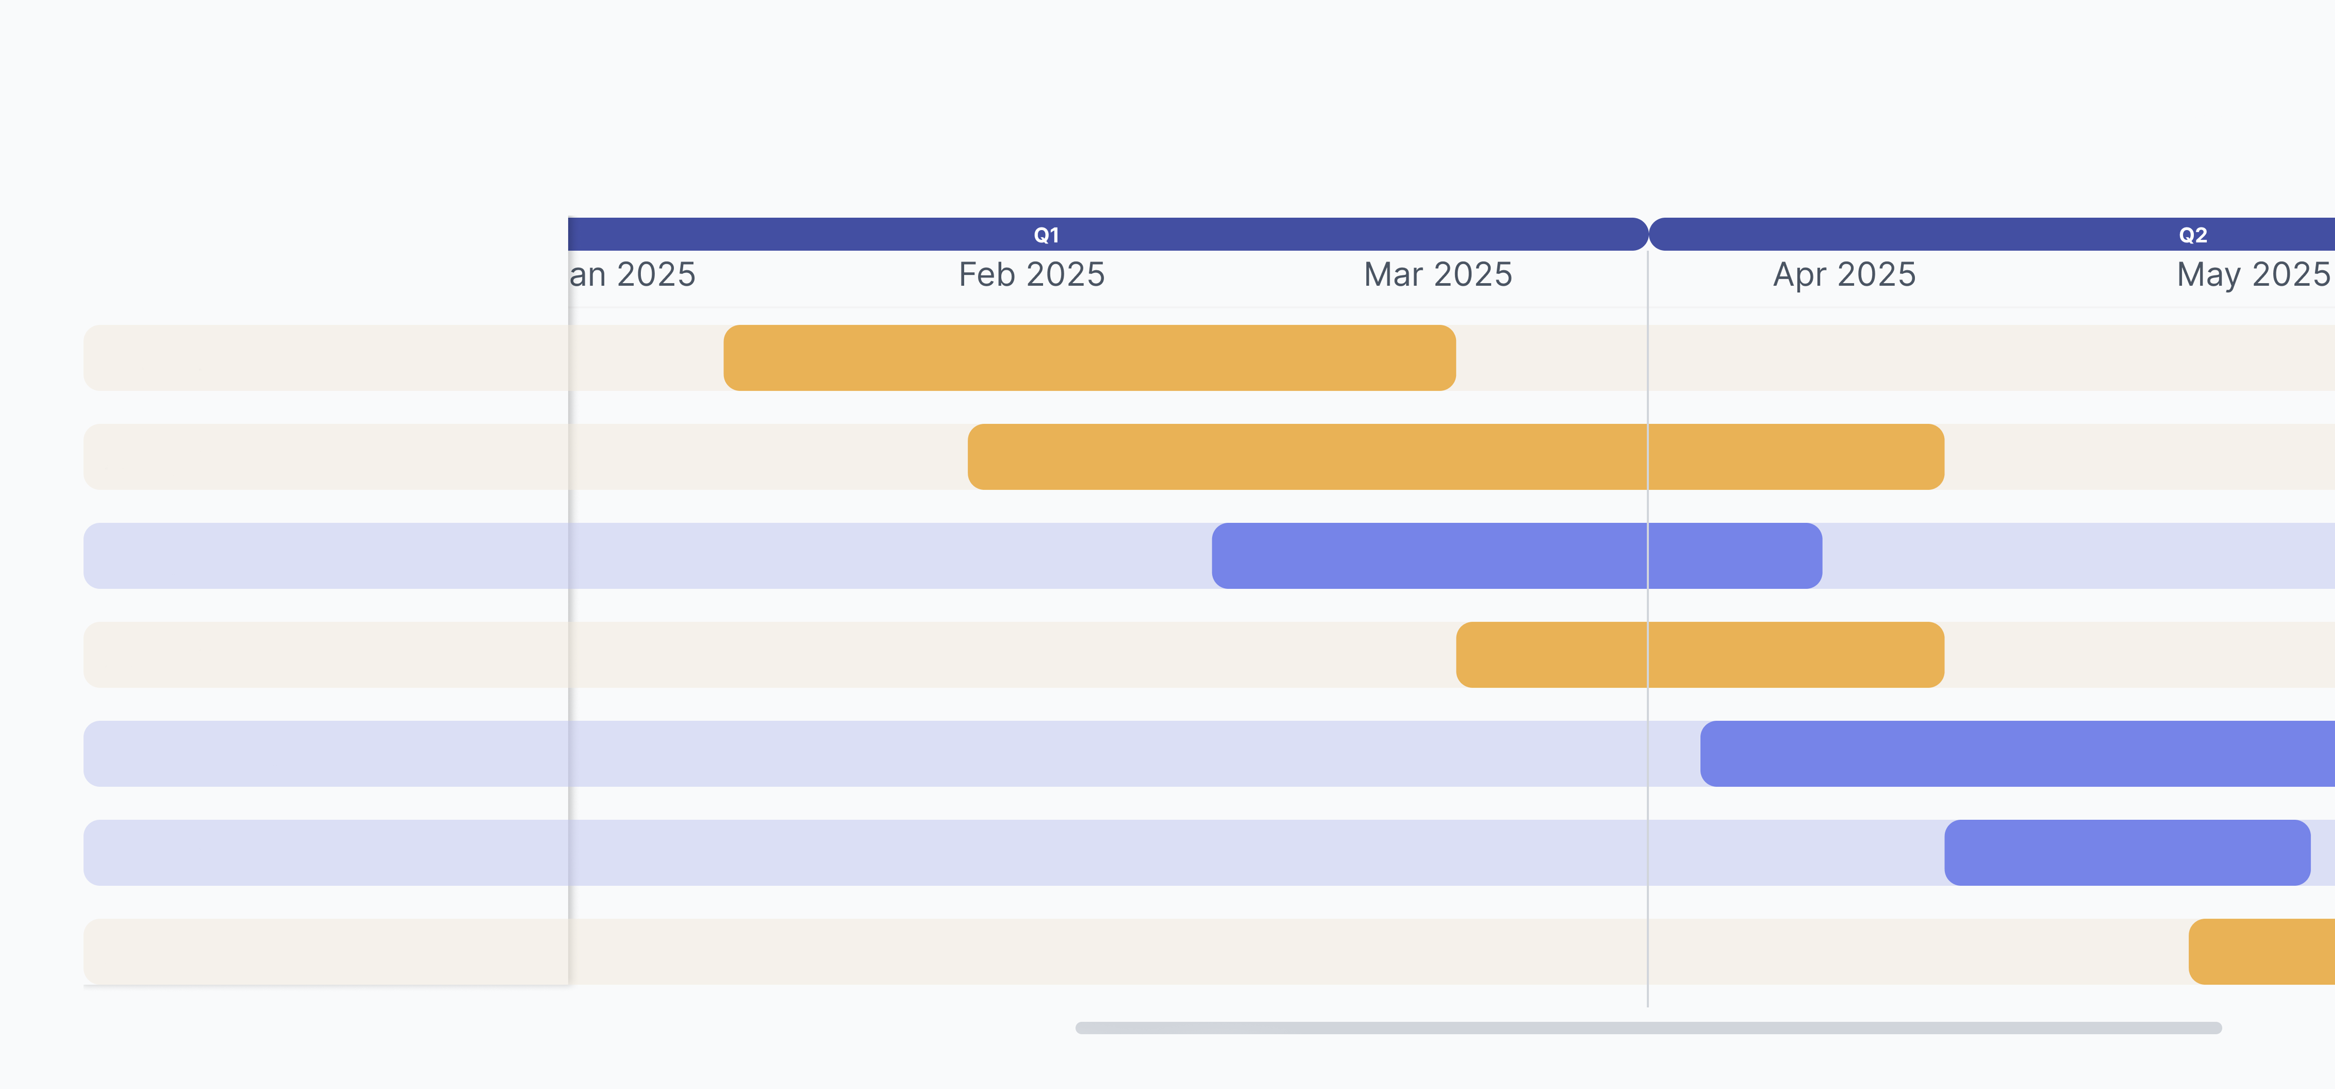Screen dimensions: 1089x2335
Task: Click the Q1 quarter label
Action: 1046,235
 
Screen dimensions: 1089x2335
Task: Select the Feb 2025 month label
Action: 1032,274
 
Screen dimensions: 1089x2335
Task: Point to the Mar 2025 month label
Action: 1438,274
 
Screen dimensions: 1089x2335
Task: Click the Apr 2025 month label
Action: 1844,274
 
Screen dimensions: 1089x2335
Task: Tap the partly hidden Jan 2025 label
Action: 633,274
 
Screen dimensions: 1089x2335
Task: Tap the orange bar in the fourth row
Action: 1700,654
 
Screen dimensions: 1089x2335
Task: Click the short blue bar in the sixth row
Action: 2127,853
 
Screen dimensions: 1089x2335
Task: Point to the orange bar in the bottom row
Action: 2261,951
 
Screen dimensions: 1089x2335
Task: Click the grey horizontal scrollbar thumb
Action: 1647,1027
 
